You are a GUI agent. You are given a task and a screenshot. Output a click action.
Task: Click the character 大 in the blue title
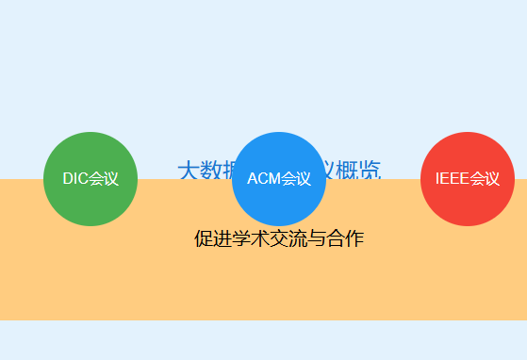click(x=188, y=171)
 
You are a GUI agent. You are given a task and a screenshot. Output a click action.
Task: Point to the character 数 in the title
click(x=209, y=171)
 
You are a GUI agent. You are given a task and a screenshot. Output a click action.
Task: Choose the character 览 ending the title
click(x=371, y=171)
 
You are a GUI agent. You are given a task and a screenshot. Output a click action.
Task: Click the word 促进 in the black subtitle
click(x=212, y=239)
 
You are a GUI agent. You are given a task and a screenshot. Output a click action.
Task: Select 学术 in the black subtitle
click(x=250, y=239)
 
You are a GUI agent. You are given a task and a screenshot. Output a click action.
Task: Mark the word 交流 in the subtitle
click(x=288, y=239)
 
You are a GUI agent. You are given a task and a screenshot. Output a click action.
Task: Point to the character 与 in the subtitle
click(x=317, y=239)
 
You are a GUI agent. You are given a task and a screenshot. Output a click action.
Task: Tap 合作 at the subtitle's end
click(x=345, y=239)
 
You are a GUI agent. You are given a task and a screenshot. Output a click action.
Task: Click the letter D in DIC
click(x=68, y=179)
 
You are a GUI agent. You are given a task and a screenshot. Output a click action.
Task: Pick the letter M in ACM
click(x=274, y=179)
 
